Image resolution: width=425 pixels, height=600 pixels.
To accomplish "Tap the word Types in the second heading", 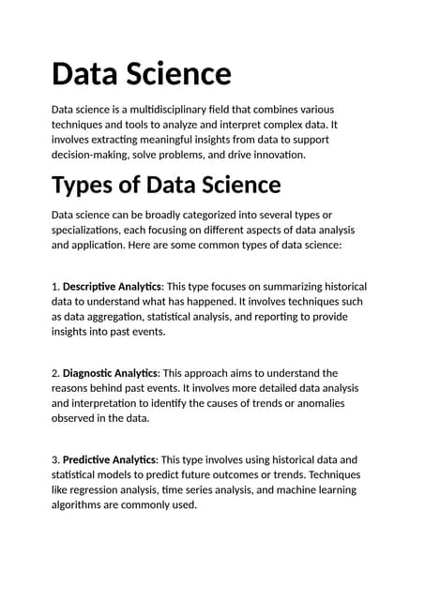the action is click(x=83, y=184).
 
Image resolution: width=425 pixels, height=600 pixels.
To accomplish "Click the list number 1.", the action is click(x=55, y=286).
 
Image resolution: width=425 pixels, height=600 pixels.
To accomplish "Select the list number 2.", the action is click(x=55, y=373).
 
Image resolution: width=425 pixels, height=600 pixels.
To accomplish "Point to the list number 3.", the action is click(x=55, y=459).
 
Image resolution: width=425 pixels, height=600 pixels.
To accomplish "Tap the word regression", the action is click(x=103, y=489).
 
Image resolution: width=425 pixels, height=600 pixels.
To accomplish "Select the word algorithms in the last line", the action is click(x=80, y=504).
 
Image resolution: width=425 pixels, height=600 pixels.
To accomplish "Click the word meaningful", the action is click(x=177, y=140).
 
